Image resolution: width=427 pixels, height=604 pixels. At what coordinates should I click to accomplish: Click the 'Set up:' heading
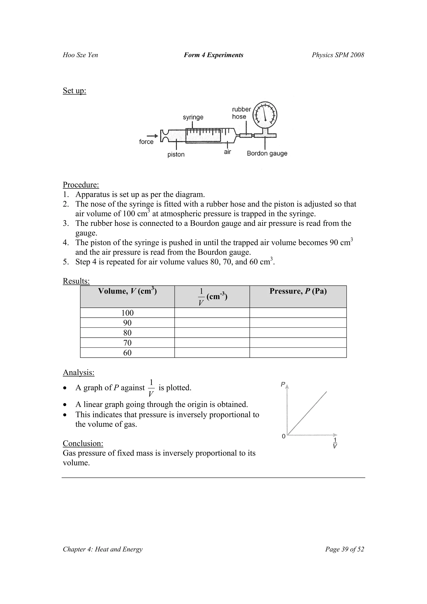(74, 90)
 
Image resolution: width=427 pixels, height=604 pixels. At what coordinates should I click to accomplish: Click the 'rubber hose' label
(241, 113)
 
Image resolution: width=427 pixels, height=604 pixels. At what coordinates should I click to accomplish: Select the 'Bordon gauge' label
(267, 153)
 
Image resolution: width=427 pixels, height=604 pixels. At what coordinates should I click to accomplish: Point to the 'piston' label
(176, 154)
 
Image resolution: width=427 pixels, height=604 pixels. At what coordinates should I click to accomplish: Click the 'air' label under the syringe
(227, 152)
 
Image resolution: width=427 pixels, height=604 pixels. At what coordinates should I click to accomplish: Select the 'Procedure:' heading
(81, 185)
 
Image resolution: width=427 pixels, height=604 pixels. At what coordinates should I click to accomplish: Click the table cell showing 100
(127, 313)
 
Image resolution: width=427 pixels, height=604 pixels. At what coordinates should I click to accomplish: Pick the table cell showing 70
(127, 343)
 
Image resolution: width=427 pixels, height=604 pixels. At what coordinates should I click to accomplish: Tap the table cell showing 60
(127, 353)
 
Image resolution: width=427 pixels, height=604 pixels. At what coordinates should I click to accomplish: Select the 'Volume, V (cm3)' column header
(127, 291)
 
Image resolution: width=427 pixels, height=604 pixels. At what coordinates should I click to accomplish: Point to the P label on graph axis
(283, 384)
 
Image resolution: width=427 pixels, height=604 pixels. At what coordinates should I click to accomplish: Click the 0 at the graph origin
(283, 436)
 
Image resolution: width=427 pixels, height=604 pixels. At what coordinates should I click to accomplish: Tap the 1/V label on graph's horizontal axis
(335, 443)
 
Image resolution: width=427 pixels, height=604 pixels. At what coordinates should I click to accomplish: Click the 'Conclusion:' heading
(83, 443)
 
